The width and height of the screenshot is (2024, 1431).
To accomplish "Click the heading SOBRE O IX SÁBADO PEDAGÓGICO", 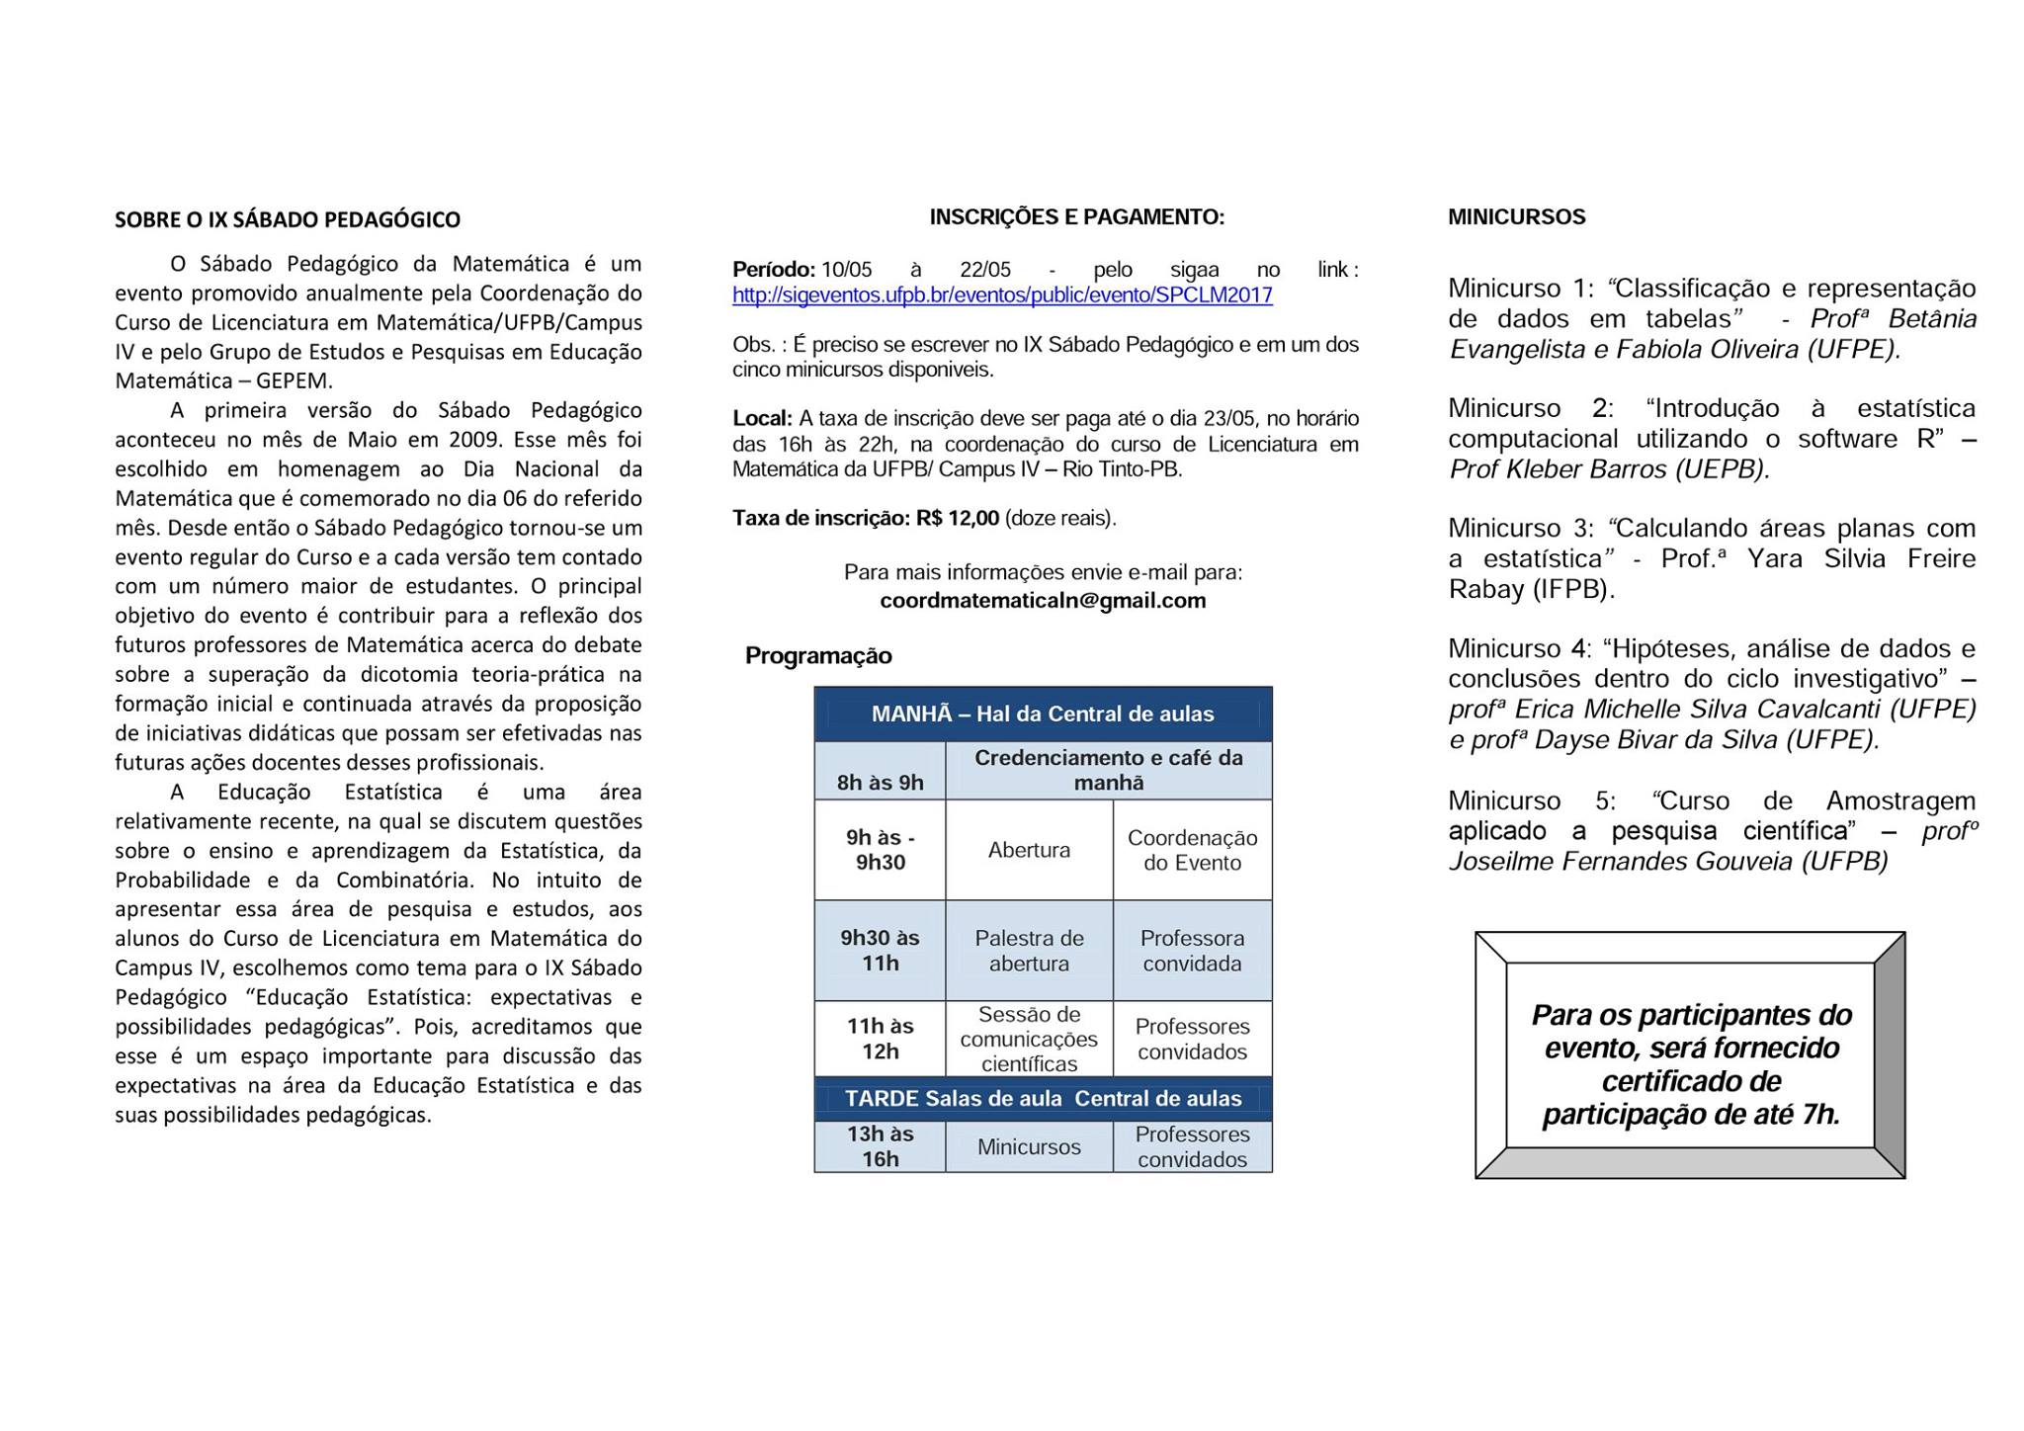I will pyautogui.click(x=288, y=219).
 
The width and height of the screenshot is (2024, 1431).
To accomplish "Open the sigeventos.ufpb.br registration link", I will pyautogui.click(x=1002, y=295).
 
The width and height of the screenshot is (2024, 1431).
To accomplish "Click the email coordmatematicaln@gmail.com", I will pyautogui.click(x=1043, y=601).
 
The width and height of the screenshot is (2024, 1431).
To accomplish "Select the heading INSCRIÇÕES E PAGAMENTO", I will pyautogui.click(x=1076, y=217).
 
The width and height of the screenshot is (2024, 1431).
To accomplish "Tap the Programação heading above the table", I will pyautogui.click(x=818, y=656).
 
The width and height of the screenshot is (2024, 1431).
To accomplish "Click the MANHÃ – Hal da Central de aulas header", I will pyautogui.click(x=1043, y=715).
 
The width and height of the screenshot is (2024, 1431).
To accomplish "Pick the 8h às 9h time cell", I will pyautogui.click(x=880, y=783).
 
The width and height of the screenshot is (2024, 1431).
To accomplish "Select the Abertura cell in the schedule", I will pyautogui.click(x=1029, y=850).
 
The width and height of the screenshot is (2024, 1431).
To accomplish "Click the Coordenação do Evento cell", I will pyautogui.click(x=1192, y=850).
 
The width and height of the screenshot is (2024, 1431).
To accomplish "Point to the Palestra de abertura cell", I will pyautogui.click(x=1029, y=951).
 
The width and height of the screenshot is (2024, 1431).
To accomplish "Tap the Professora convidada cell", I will pyautogui.click(x=1192, y=951).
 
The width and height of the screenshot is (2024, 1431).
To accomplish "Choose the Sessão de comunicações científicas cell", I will pyautogui.click(x=1029, y=1039).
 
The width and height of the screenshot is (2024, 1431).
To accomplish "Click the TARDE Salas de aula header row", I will pyautogui.click(x=1043, y=1099).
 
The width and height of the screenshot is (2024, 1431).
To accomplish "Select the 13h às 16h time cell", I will pyautogui.click(x=880, y=1146).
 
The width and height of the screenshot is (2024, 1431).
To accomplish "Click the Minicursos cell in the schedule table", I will pyautogui.click(x=1029, y=1146).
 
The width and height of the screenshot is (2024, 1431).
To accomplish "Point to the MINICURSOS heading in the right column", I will pyautogui.click(x=1516, y=217).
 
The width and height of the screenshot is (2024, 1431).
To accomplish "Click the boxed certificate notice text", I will pyautogui.click(x=1691, y=1064).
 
